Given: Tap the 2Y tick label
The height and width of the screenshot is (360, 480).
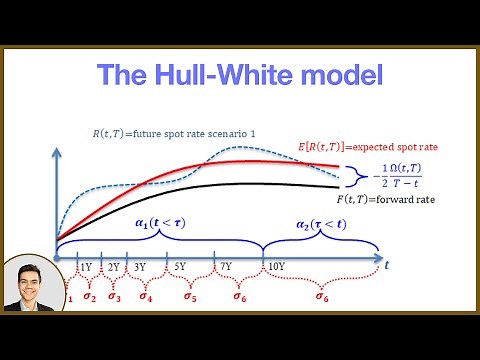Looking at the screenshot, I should coord(113,267).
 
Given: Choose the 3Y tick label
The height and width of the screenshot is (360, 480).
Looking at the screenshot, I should coord(140,267).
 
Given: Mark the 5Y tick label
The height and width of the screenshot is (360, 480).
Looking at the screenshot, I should coord(179,267).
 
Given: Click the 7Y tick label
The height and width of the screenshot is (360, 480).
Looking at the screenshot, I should coord(226,267).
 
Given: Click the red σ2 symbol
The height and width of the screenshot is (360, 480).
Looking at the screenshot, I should coord(89,296).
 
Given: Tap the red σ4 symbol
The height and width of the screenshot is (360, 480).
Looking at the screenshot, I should coord(146,296).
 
